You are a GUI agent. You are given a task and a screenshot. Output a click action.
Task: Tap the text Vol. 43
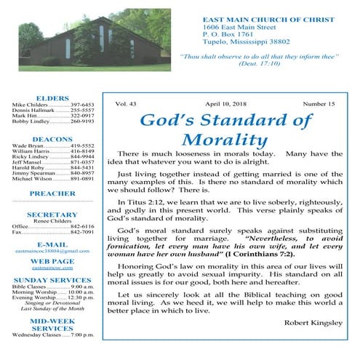click(127, 105)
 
